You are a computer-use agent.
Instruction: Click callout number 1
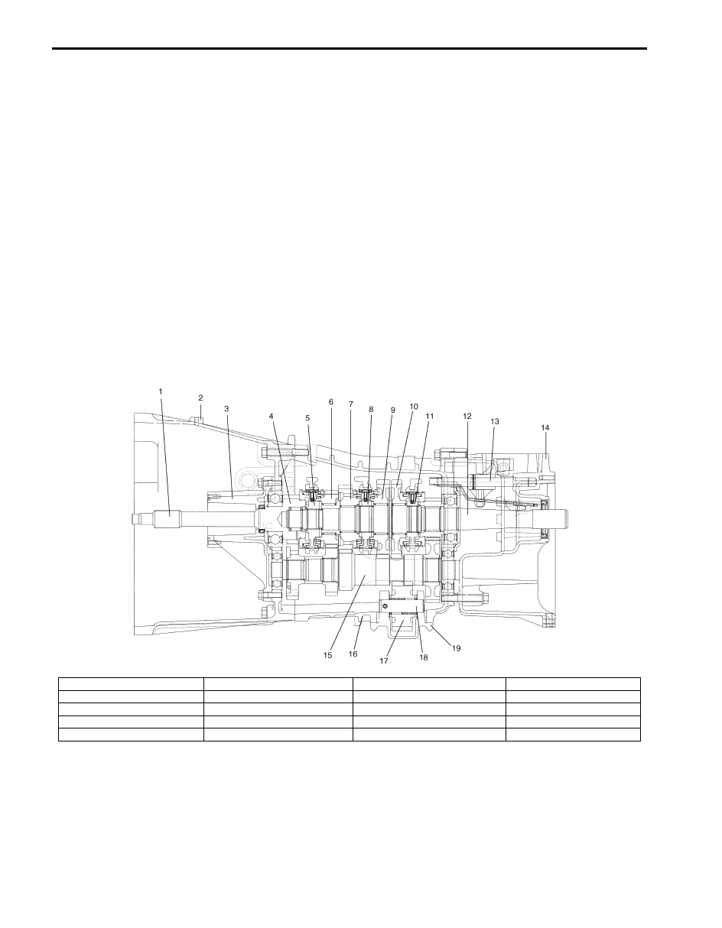coord(161,391)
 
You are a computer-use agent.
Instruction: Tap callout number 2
coord(200,397)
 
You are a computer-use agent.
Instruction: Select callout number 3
coord(226,409)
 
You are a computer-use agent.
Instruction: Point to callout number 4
coord(271,416)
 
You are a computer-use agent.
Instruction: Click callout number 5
coord(307,418)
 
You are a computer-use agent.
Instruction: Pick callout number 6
coord(330,402)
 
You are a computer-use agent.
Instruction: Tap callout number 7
coord(351,404)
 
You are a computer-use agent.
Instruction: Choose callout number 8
coord(371,409)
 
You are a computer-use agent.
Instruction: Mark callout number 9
coord(393,410)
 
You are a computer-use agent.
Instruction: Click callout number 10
coord(414,407)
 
